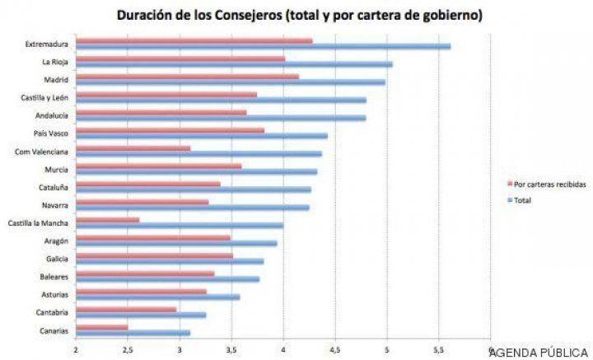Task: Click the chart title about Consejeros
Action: (x=299, y=15)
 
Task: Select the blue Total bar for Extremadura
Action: (x=264, y=46)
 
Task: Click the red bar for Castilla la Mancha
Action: (x=107, y=219)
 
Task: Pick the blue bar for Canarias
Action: (x=133, y=333)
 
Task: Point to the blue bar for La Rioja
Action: (x=234, y=63)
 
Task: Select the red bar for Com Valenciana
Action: (x=133, y=147)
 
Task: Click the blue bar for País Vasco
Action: (x=202, y=136)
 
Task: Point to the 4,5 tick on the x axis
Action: (x=335, y=349)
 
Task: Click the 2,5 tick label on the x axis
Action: (x=128, y=349)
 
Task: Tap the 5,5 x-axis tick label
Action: (x=439, y=349)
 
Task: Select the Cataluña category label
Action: (x=53, y=187)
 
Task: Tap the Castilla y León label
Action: (x=44, y=97)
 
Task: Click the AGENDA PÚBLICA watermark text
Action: (x=539, y=352)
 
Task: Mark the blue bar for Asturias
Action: (x=157, y=297)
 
